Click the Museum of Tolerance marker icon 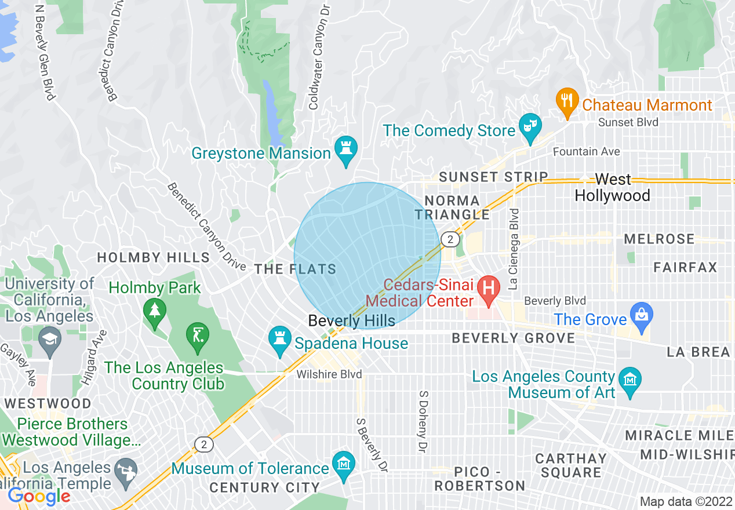tap(344, 464)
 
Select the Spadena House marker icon tap(279, 339)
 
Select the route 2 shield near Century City tap(203, 445)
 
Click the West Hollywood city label tap(612, 187)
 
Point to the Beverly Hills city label tap(351, 320)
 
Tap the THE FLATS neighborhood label tap(295, 269)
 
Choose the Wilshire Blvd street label tap(329, 375)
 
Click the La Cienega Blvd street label tap(512, 249)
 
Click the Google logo tap(38, 496)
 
